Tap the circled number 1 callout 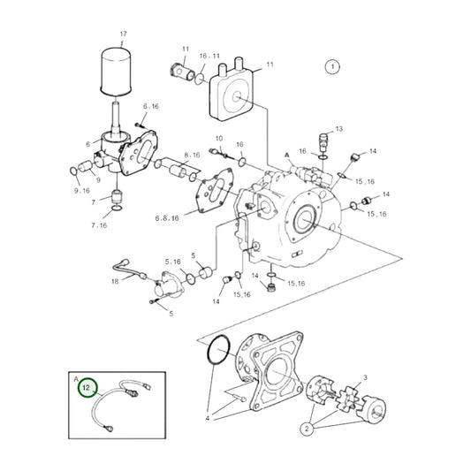tap(331, 66)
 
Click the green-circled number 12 tap(87, 388)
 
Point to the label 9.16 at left tap(82, 190)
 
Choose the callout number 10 tap(220, 139)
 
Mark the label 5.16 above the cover tap(174, 262)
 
